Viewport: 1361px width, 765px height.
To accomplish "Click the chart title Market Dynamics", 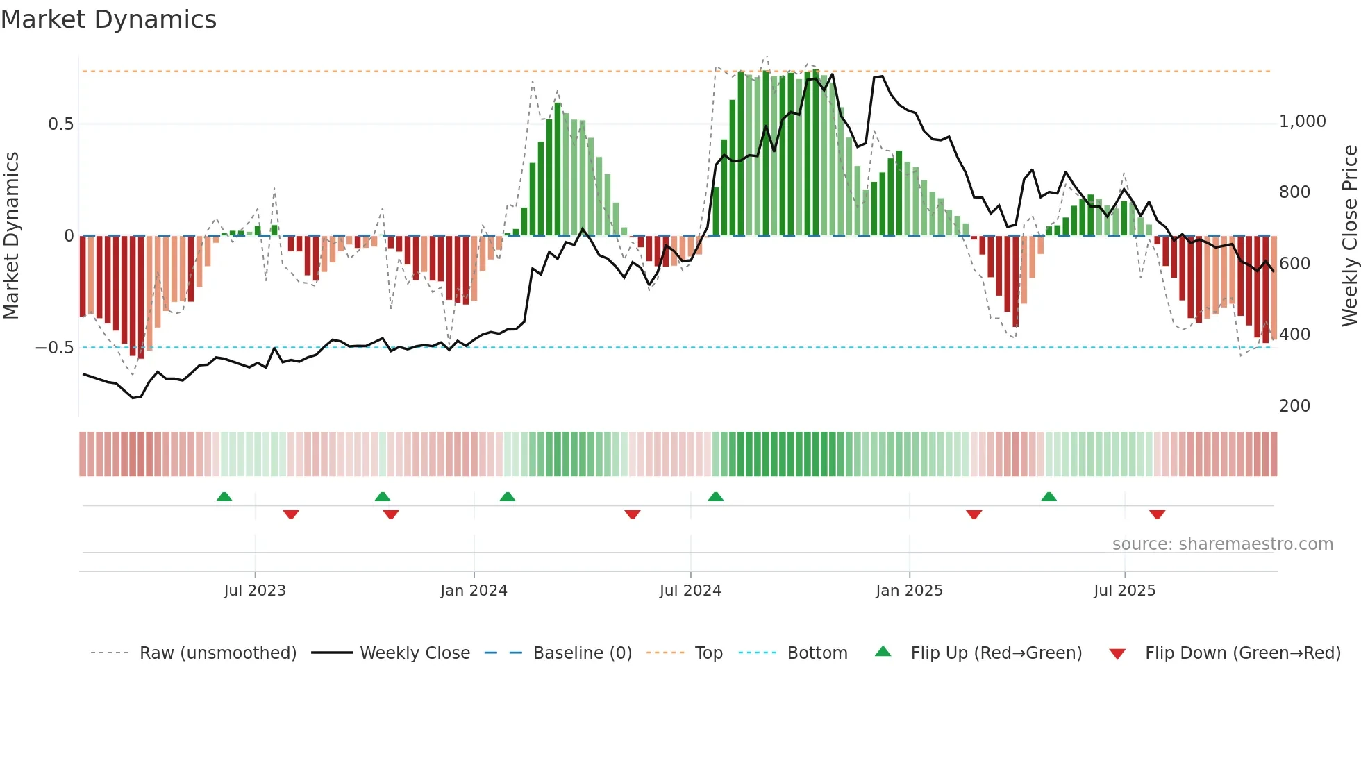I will pos(108,19).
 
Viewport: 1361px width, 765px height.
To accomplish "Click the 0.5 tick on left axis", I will pos(60,124).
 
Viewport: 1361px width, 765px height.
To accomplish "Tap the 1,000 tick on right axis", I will pos(1302,121).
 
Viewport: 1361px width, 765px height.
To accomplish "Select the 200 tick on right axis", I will pos(1294,406).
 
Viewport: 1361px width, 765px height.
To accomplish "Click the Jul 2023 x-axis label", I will pos(255,591).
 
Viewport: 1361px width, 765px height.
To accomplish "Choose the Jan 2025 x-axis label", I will pos(909,591).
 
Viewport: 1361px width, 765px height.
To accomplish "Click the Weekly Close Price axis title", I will pos(1349,236).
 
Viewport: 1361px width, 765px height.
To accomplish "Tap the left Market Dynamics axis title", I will pos(11,236).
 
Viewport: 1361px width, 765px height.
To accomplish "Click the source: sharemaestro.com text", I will pos(1222,544).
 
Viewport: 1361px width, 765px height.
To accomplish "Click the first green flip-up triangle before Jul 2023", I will pos(224,497).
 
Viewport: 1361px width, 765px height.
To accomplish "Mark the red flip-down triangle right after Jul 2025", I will pos(1157,514).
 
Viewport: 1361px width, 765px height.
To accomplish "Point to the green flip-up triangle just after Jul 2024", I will pos(716,497).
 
